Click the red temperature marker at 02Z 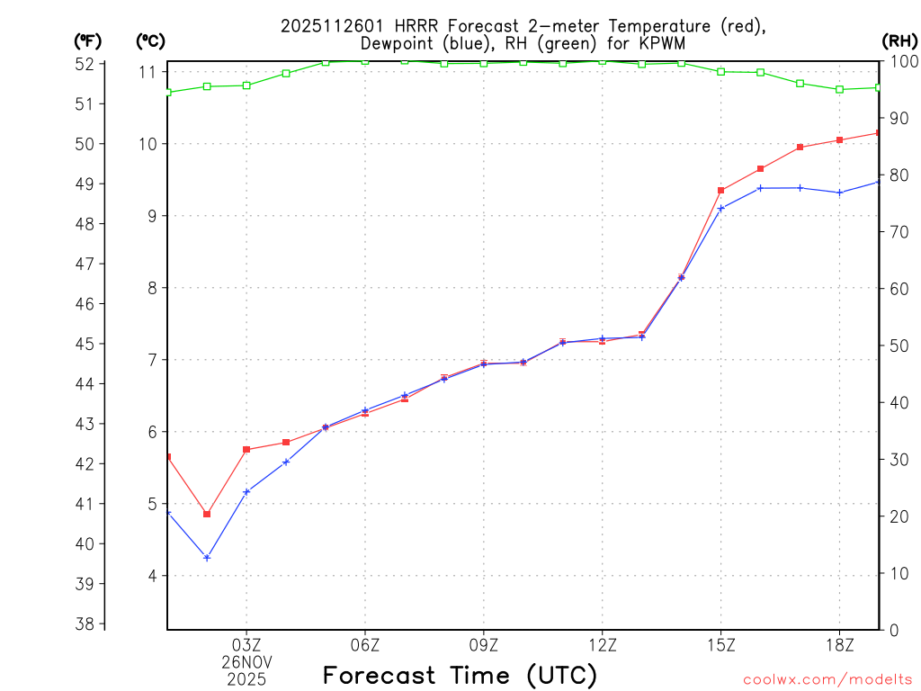(x=207, y=515)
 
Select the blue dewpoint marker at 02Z (x=207, y=558)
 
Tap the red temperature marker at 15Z (x=721, y=191)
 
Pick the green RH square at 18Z (x=839, y=89)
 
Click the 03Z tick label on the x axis (x=246, y=644)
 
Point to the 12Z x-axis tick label (x=603, y=644)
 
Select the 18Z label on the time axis (x=839, y=644)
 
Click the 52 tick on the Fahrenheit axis (x=85, y=64)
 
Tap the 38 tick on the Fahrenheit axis (x=85, y=624)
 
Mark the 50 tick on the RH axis (x=899, y=345)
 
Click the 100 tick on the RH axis (x=902, y=61)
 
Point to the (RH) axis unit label (x=899, y=40)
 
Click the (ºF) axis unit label (x=88, y=40)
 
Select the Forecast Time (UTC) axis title (x=460, y=675)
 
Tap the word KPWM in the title (x=666, y=42)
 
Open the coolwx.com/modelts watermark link (x=827, y=679)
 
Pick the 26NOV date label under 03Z (x=246, y=661)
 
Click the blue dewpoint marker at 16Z (x=761, y=188)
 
